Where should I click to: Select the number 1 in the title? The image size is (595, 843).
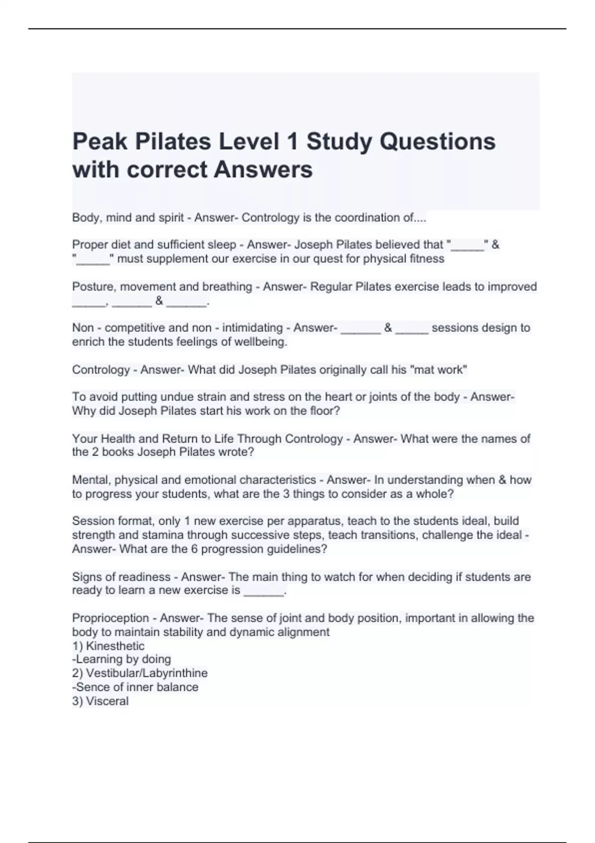293,141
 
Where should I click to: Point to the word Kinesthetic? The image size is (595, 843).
115,646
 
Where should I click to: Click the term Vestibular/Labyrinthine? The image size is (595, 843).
146,673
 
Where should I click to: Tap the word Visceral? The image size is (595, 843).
107,701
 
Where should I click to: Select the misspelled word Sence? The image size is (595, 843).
89,687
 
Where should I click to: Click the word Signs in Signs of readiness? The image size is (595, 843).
86,577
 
